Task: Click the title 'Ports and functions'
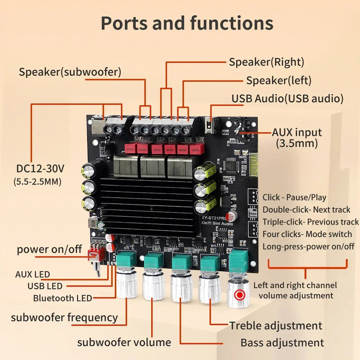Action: point(187,23)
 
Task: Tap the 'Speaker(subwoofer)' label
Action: point(70,72)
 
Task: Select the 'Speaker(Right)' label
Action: point(267,62)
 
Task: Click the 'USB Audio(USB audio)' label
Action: point(287,98)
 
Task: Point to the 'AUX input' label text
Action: point(297,132)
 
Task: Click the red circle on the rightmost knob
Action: point(239,295)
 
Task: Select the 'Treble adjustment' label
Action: point(276,326)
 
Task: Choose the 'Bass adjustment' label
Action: point(282,343)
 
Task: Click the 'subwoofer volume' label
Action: point(124,342)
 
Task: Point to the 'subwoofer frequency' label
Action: point(64,318)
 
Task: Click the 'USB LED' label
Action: point(45,286)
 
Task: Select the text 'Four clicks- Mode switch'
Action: point(307,234)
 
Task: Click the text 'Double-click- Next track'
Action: point(306,210)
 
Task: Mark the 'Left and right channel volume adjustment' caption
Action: point(295,290)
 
